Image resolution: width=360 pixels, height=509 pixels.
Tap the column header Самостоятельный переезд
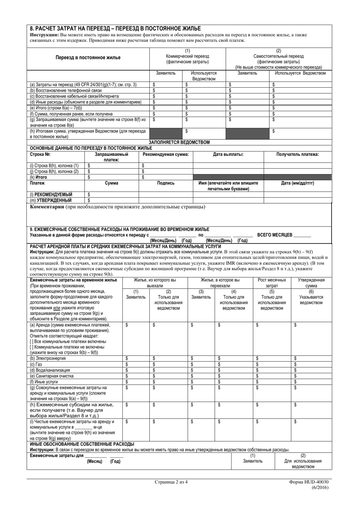[x=278, y=56]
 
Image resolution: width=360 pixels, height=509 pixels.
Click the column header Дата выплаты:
[x=228, y=154]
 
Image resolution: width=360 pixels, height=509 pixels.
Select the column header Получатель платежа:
[x=297, y=154]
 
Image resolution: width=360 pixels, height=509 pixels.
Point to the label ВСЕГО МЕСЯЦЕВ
[x=275, y=235]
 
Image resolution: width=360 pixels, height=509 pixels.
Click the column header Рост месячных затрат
[x=272, y=283]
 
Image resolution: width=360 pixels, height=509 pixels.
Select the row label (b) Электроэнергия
[x=48, y=358]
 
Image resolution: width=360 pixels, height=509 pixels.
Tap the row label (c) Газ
[x=36, y=364]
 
